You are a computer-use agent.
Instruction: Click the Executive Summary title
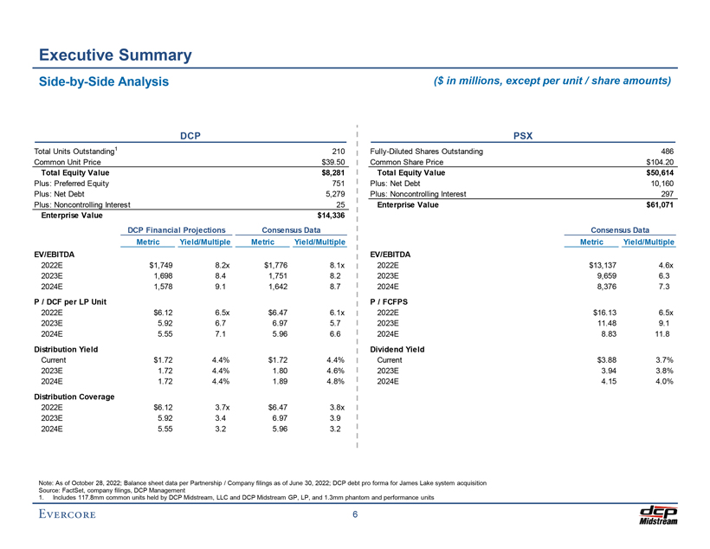coord(114,55)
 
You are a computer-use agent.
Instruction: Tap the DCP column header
coord(190,135)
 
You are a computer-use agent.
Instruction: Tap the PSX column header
coord(523,135)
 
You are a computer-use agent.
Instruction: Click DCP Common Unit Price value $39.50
coord(334,162)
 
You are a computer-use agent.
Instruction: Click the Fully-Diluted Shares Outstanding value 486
coord(667,152)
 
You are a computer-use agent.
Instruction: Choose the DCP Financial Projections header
coord(176,229)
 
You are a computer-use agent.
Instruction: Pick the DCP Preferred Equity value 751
coord(339,184)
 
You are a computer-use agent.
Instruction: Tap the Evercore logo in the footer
coord(67,516)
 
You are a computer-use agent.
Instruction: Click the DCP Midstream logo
coord(656,515)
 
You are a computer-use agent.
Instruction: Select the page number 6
coord(355,516)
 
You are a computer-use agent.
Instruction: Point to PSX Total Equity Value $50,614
coord(655,173)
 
